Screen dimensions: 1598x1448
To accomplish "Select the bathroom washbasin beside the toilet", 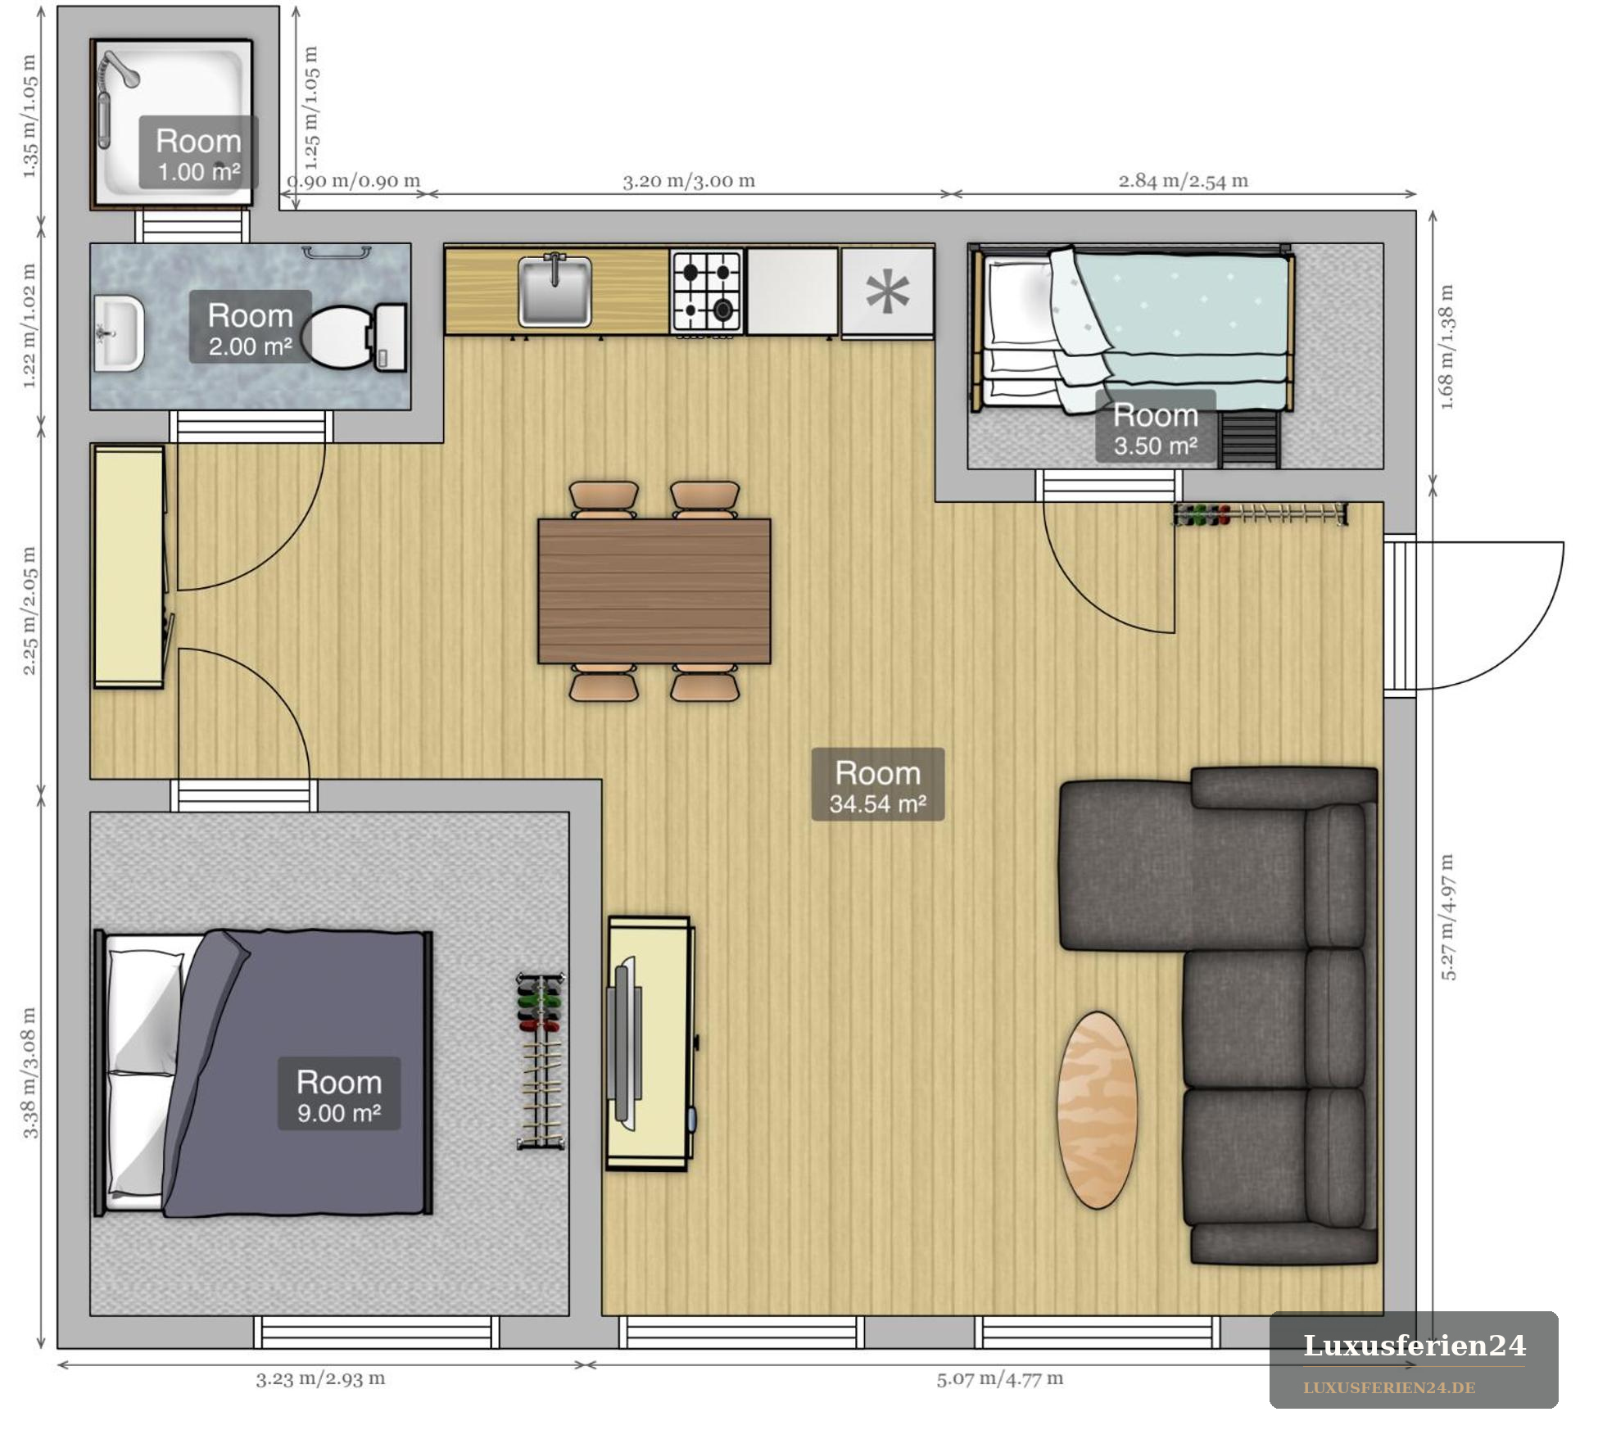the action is coord(119,334).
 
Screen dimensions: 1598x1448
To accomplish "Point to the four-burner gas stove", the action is coord(707,292).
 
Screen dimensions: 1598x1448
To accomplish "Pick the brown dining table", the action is coord(654,591).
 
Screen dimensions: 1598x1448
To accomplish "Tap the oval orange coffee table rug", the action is coord(1097,1110).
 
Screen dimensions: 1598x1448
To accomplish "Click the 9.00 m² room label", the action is coord(339,1094).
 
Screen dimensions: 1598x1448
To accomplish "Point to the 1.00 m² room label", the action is coord(198,153).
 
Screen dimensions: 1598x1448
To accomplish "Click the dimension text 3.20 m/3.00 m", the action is coord(689,181).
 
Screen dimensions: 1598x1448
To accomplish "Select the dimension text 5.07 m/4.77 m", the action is coord(1000,1378).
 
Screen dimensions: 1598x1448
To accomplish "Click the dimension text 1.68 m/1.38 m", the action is coord(1447,347).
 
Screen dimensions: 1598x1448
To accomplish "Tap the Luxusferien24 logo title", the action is coord(1415,1346).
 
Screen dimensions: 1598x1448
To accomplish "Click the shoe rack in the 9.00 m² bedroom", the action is coord(541,1061).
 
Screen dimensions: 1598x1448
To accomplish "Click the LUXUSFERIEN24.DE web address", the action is coord(1389,1388).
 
